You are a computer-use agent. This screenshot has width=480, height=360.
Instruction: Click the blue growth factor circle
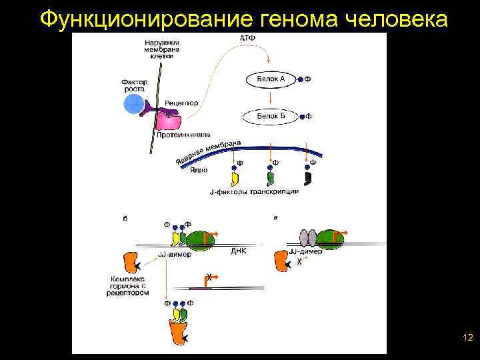pyautogui.click(x=133, y=105)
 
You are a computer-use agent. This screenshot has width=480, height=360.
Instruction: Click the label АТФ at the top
pyautogui.click(x=247, y=39)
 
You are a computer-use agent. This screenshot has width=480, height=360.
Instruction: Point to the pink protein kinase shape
pyautogui.click(x=168, y=121)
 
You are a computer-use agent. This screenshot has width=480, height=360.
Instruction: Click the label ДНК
pyautogui.click(x=239, y=251)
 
